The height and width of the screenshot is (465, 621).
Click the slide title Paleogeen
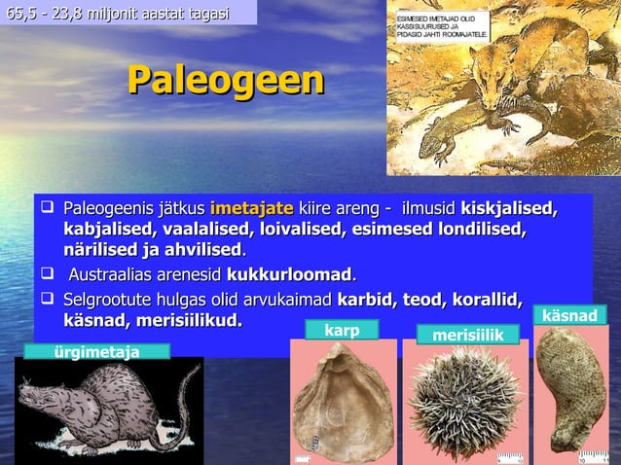pyautogui.click(x=226, y=82)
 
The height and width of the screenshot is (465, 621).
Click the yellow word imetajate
pyautogui.click(x=251, y=208)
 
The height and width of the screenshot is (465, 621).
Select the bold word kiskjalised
pyautogui.click(x=508, y=208)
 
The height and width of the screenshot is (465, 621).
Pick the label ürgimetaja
pyautogui.click(x=96, y=351)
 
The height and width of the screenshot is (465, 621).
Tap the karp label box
pyautogui.click(x=343, y=330)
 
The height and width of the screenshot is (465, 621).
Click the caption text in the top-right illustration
pyautogui.click(x=443, y=27)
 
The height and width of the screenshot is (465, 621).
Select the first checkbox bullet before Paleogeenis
pyautogui.click(x=46, y=208)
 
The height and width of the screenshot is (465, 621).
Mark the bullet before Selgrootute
pyautogui.click(x=46, y=298)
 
